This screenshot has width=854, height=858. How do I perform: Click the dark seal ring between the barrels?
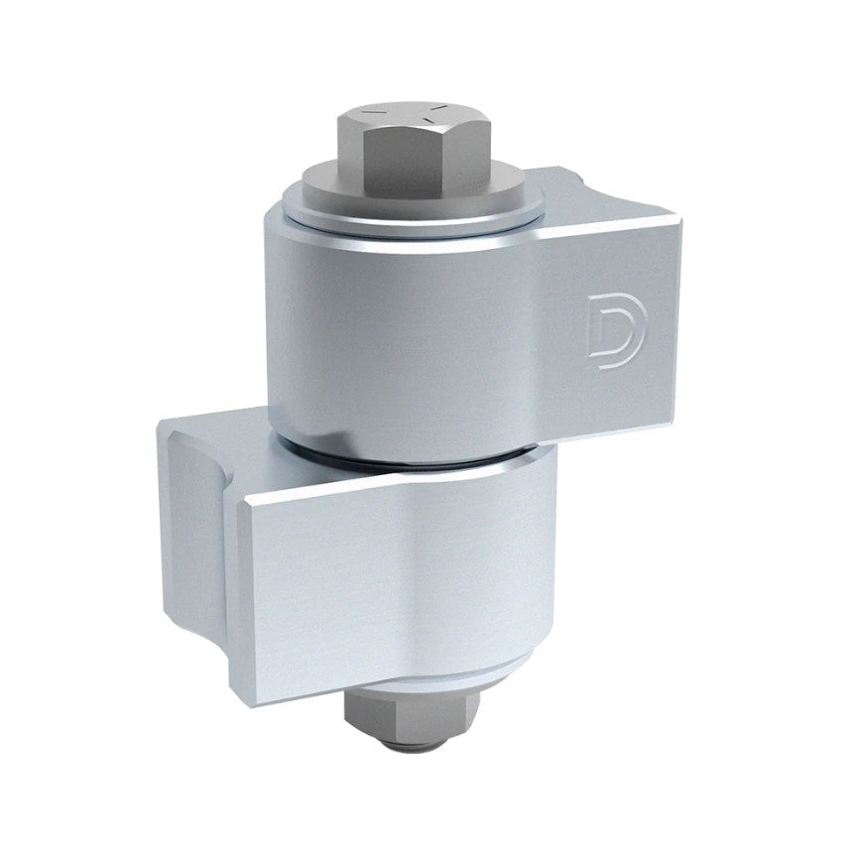(x=417, y=459)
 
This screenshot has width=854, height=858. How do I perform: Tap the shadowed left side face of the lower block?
(x=193, y=555)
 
